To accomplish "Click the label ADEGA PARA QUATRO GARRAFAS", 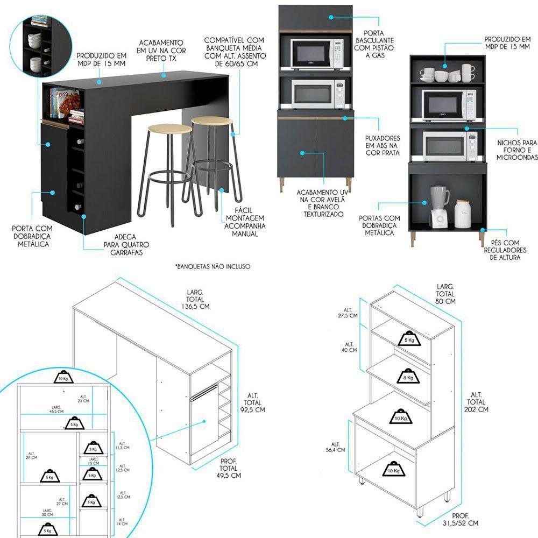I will (x=127, y=244).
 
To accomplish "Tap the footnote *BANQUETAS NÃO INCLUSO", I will (x=213, y=266).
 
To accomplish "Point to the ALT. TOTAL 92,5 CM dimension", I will (x=251, y=402).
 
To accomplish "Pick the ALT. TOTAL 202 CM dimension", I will (x=476, y=402).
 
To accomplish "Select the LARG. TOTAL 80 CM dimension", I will (x=446, y=294).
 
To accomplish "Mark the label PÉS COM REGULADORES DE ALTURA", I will (x=505, y=250).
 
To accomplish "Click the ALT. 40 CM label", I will (x=349, y=346).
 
